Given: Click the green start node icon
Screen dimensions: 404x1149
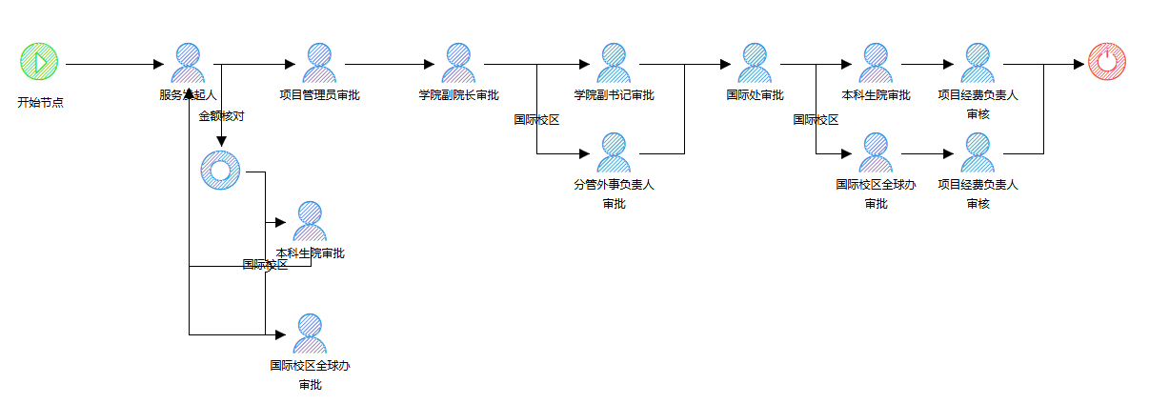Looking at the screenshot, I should [39, 63].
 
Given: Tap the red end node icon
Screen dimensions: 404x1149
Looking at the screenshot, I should [1106, 63].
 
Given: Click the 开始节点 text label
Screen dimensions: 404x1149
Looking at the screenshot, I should [40, 102].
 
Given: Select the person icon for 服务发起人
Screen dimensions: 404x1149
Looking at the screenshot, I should [188, 63].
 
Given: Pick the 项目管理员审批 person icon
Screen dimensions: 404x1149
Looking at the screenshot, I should [319, 63].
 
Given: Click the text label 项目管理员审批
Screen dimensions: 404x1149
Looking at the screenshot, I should [319, 95].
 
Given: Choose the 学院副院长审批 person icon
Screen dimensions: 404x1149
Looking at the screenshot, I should [458, 63].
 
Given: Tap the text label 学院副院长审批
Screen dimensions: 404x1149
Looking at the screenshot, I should [458, 95].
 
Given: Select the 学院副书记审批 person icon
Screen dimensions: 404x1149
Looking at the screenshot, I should [614, 63].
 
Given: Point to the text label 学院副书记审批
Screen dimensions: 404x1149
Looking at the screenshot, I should [614, 95].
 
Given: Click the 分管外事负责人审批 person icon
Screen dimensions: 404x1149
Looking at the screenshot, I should [614, 152].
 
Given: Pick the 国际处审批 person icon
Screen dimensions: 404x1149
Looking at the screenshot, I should [755, 63].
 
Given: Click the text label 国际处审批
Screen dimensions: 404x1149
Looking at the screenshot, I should [755, 95].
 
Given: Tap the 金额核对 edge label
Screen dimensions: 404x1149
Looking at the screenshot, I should [221, 116].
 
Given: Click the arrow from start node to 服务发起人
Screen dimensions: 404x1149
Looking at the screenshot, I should [114, 64].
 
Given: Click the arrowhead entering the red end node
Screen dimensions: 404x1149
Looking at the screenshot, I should [1080, 64].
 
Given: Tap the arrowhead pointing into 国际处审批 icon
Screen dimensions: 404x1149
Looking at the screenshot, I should [725, 64].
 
